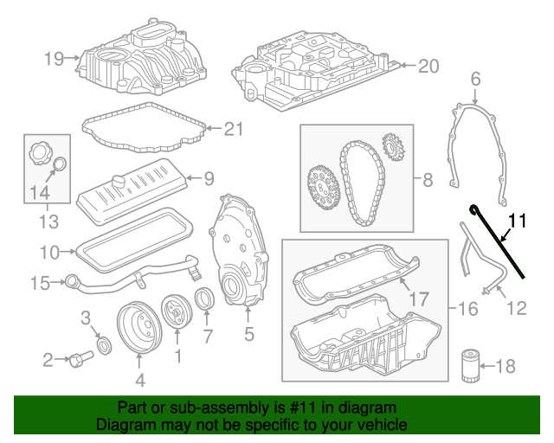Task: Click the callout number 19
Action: click(55, 59)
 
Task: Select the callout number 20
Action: click(428, 67)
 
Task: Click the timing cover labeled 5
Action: click(235, 251)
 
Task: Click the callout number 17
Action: click(419, 299)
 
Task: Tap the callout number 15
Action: click(42, 282)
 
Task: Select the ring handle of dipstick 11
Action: click(474, 209)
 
